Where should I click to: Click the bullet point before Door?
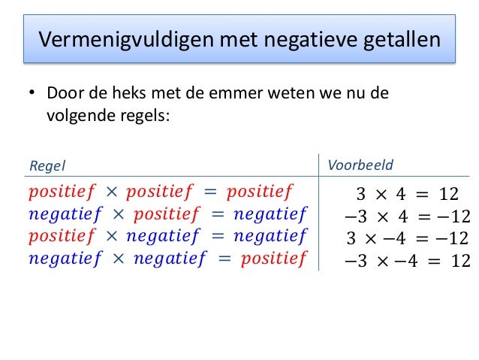[x=32, y=96]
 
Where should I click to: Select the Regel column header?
[x=47, y=165]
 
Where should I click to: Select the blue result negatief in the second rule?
[x=270, y=215]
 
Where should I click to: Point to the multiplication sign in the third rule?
[x=111, y=237]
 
